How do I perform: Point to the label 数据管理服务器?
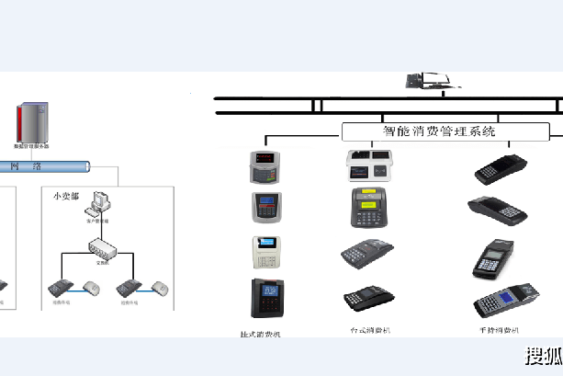point(31,146)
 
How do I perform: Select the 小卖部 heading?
point(66,196)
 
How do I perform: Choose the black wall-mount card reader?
point(269,297)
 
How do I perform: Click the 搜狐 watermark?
point(542,357)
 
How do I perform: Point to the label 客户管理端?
point(97,222)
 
